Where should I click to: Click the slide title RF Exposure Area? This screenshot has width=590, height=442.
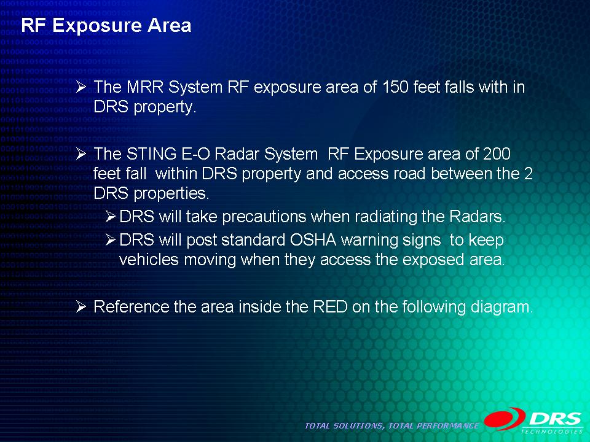click(106, 26)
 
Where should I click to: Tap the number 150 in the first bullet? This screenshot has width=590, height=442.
click(395, 87)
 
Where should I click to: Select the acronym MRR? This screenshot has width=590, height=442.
click(145, 87)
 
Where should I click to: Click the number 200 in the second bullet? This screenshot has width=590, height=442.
click(497, 153)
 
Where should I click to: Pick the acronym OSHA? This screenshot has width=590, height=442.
click(313, 239)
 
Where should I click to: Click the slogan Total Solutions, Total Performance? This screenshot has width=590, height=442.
click(391, 426)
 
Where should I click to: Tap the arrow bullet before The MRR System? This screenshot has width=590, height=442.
click(81, 87)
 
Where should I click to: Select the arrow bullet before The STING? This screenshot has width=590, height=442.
click(81, 154)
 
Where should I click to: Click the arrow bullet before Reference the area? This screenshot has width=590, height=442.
click(81, 307)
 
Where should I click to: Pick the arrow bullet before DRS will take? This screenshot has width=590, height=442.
click(110, 217)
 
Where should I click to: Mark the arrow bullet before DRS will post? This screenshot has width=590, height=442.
click(110, 239)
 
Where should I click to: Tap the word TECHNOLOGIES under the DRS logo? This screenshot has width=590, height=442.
click(553, 432)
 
